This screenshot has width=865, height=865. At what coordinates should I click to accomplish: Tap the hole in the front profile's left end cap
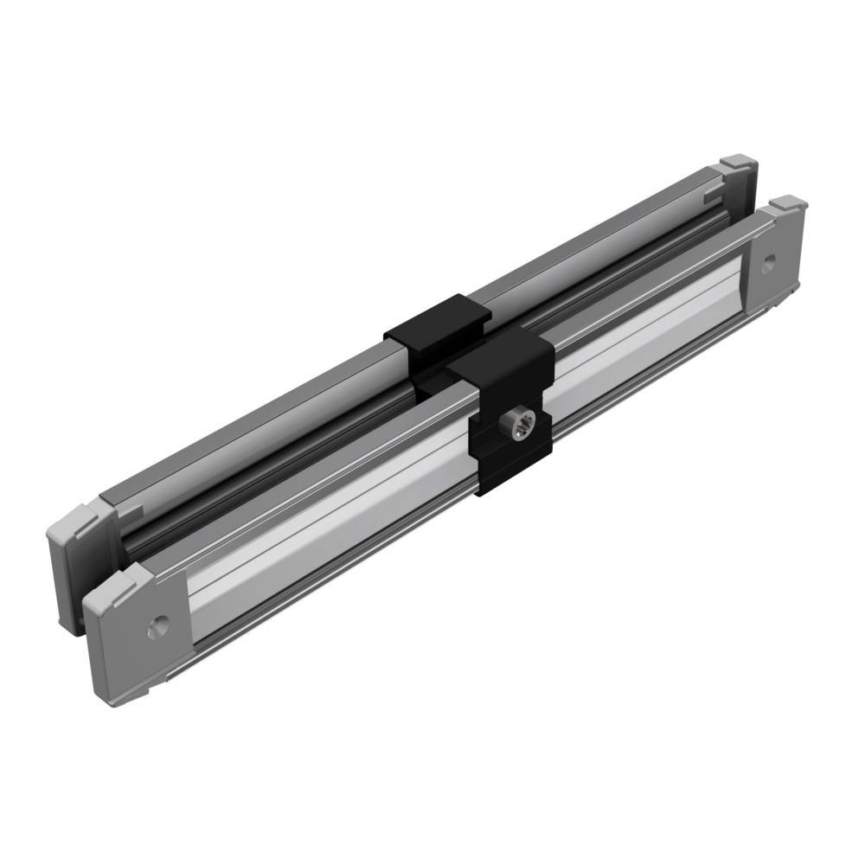click(x=157, y=625)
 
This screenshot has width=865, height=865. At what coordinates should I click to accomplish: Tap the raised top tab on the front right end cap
click(x=788, y=205)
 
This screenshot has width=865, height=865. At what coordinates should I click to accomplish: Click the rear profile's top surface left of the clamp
click(x=259, y=415)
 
